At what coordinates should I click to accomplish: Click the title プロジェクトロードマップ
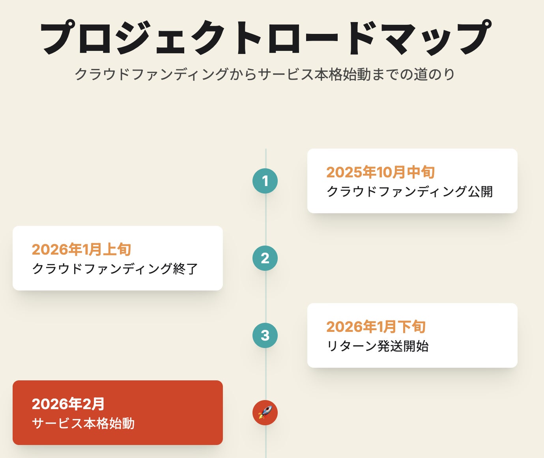click(265, 38)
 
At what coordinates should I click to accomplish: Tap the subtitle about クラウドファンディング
click(265, 74)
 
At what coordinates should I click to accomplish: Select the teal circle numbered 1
click(265, 181)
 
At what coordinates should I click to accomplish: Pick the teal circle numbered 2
click(265, 258)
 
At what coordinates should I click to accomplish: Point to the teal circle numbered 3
click(265, 335)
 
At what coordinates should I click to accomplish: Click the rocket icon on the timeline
click(265, 413)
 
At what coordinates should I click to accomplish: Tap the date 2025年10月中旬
click(380, 172)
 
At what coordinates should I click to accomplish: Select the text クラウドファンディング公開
click(409, 192)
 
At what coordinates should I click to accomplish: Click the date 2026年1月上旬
click(81, 249)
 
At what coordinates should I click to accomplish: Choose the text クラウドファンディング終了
click(115, 269)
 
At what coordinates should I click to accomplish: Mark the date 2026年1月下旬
click(376, 327)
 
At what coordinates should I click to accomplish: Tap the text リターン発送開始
click(378, 346)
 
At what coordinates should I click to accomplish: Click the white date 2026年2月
click(68, 404)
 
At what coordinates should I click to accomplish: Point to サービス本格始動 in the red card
click(83, 423)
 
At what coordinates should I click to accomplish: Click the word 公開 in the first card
click(480, 192)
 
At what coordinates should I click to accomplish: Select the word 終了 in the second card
click(185, 269)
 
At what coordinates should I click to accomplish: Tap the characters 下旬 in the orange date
click(411, 327)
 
